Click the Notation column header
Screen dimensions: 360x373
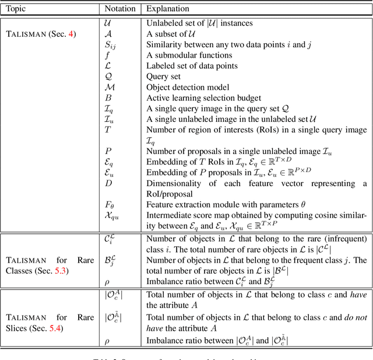pos(120,9)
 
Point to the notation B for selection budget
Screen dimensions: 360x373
pos(108,98)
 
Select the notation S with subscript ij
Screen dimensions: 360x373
pos(108,46)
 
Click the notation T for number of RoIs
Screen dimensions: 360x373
pos(108,130)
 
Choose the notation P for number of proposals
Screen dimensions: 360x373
pos(108,151)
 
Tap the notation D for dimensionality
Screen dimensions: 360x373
pos(108,183)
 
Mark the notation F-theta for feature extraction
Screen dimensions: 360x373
pos(108,204)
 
